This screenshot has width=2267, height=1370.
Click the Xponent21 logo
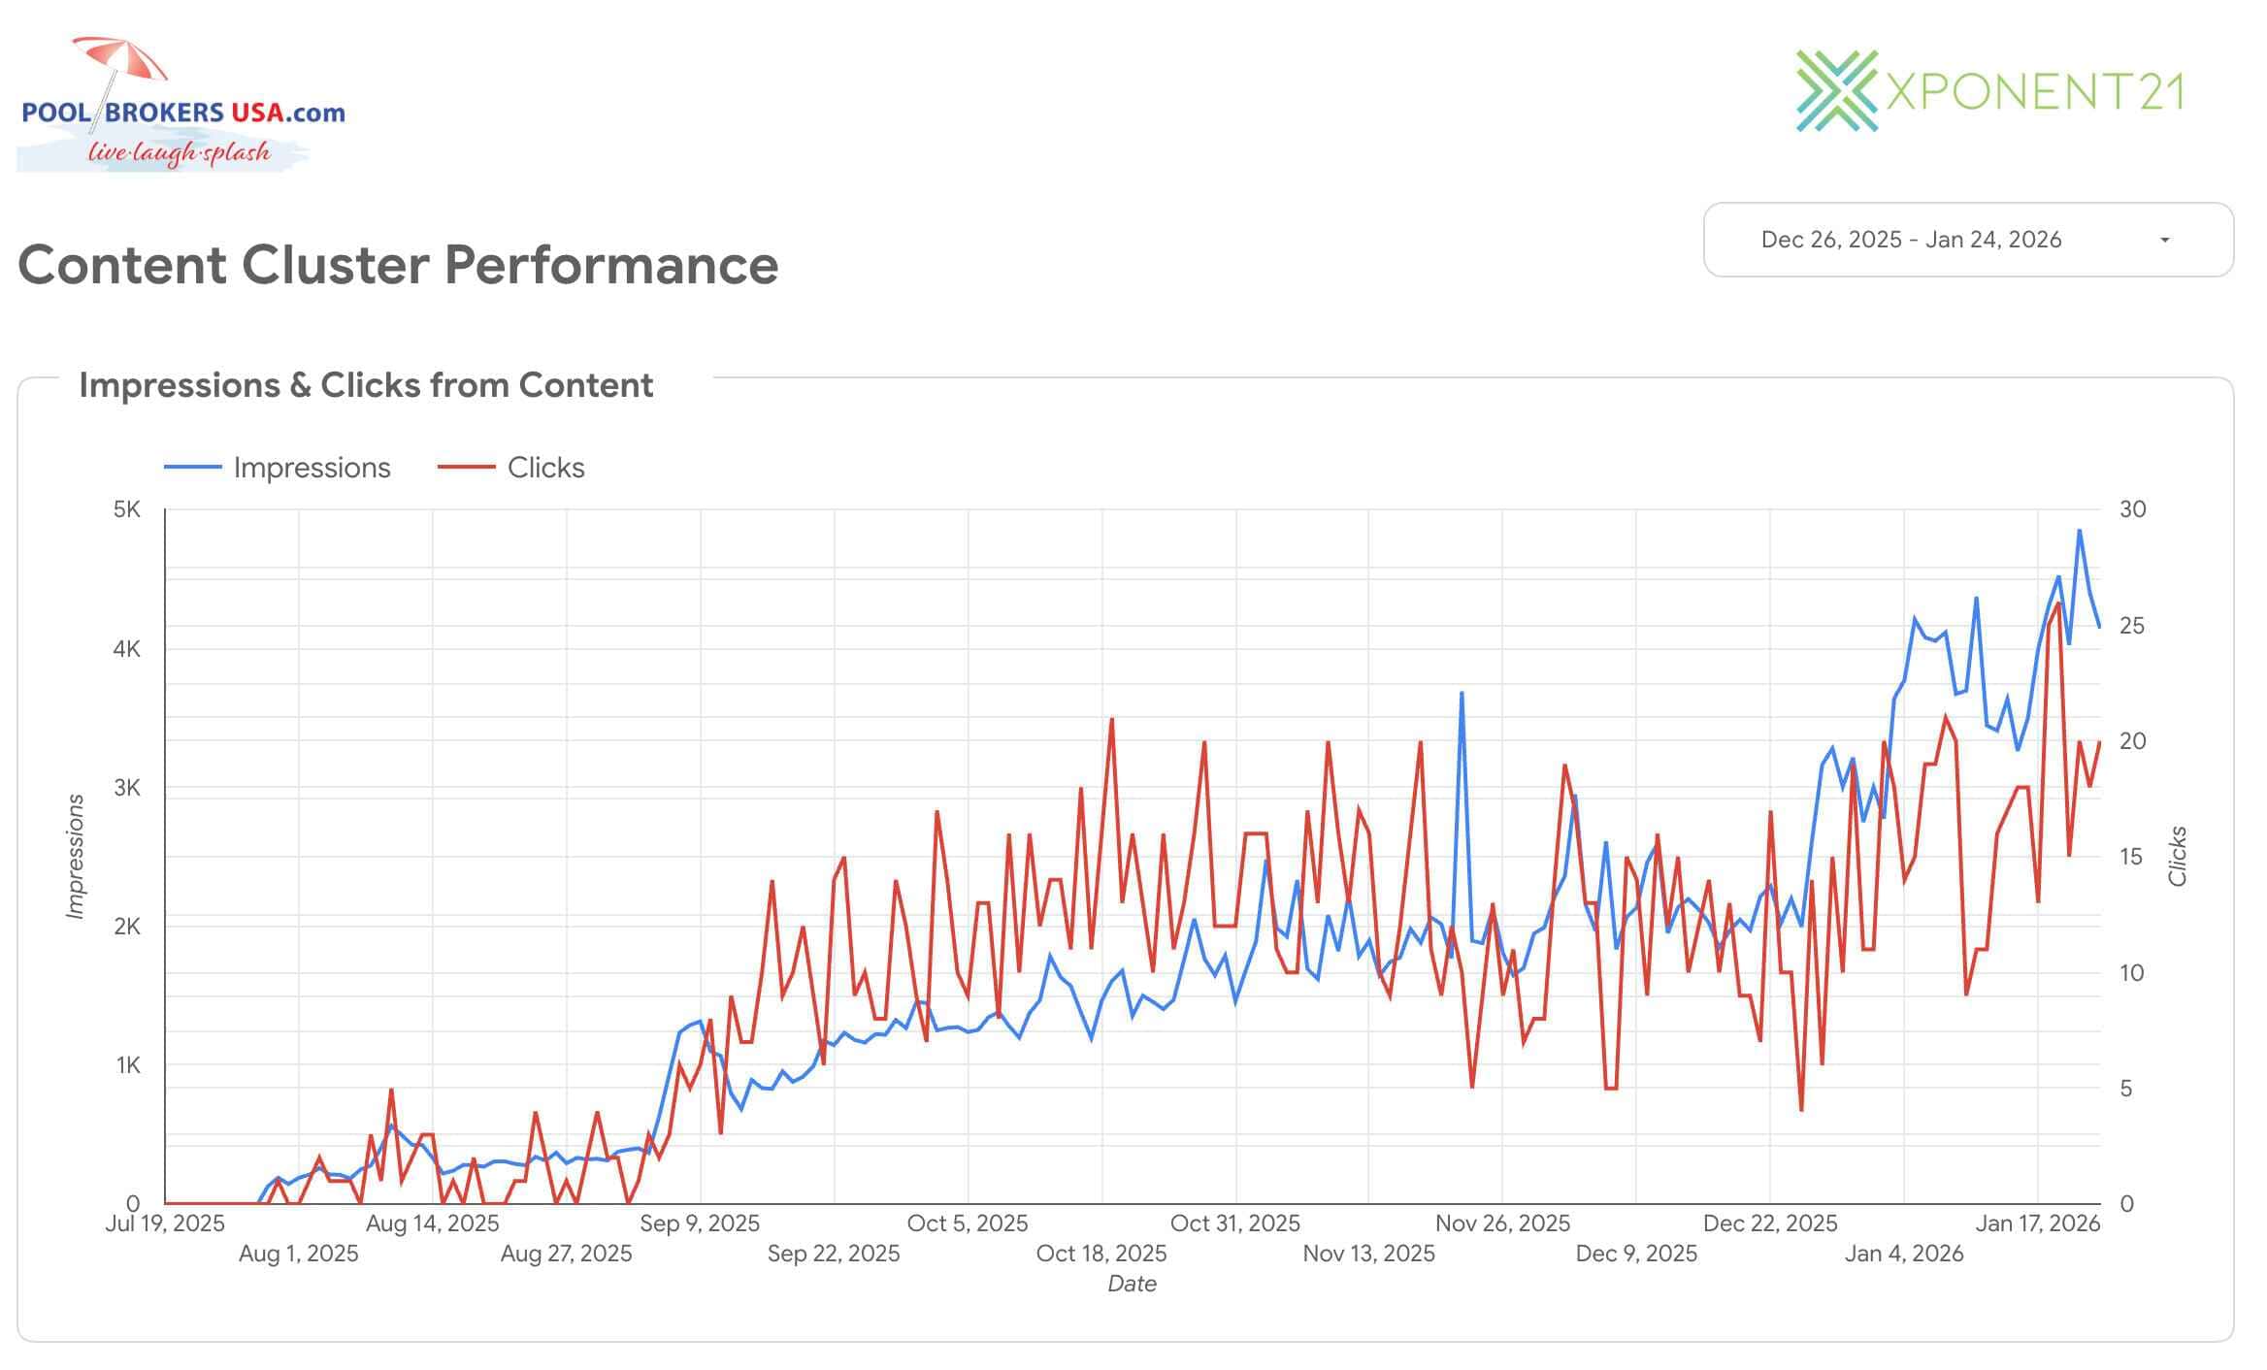pos(1989,92)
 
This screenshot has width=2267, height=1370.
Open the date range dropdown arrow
pos(2164,240)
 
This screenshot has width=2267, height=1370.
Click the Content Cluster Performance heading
pos(398,265)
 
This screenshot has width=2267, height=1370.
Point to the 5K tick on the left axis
pos(127,509)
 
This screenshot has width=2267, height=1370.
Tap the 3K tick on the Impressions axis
pos(127,787)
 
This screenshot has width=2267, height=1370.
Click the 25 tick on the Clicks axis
pos(2132,626)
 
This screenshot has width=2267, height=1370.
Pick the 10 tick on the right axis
pos(2132,973)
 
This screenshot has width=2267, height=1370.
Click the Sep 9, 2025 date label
pos(700,1223)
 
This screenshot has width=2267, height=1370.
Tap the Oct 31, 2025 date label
pos(1234,1223)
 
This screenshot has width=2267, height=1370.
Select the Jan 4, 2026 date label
pos(1903,1254)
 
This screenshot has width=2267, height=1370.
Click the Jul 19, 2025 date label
pos(164,1223)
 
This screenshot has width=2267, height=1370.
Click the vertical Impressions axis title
pos(75,856)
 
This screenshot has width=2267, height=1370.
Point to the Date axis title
pos(1132,1284)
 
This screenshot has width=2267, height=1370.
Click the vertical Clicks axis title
pos(2178,856)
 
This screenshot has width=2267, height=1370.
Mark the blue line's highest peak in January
pos(2079,531)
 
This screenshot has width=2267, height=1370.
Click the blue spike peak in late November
pos(1462,693)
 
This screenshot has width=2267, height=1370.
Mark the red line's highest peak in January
pos(2057,603)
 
